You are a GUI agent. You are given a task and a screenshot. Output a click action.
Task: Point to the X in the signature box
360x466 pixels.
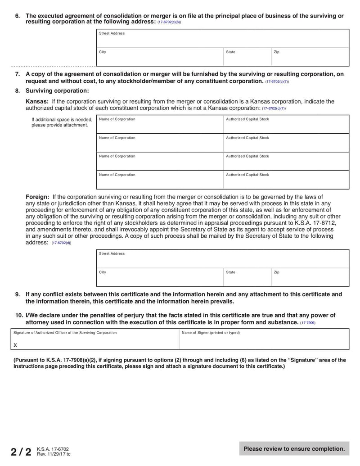(15, 345)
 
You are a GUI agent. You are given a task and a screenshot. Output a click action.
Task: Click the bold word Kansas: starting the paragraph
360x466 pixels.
(37, 101)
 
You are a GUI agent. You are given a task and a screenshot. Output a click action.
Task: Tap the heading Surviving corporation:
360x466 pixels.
(57, 91)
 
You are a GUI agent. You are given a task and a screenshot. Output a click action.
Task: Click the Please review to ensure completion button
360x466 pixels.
(294, 448)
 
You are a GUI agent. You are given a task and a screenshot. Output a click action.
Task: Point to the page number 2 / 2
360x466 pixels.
(21, 452)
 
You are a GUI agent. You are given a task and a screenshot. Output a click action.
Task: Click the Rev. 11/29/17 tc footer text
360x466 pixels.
(54, 454)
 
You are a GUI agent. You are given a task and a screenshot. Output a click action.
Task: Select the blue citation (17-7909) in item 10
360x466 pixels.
(308, 323)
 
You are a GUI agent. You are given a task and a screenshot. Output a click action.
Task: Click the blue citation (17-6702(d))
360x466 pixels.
(61, 243)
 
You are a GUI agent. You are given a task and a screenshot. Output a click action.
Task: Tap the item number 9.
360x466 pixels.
(18, 294)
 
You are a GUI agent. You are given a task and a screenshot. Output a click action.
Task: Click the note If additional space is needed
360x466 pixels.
(62, 122)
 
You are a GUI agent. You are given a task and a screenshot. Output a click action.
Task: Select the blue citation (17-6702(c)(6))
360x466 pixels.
(169, 22)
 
